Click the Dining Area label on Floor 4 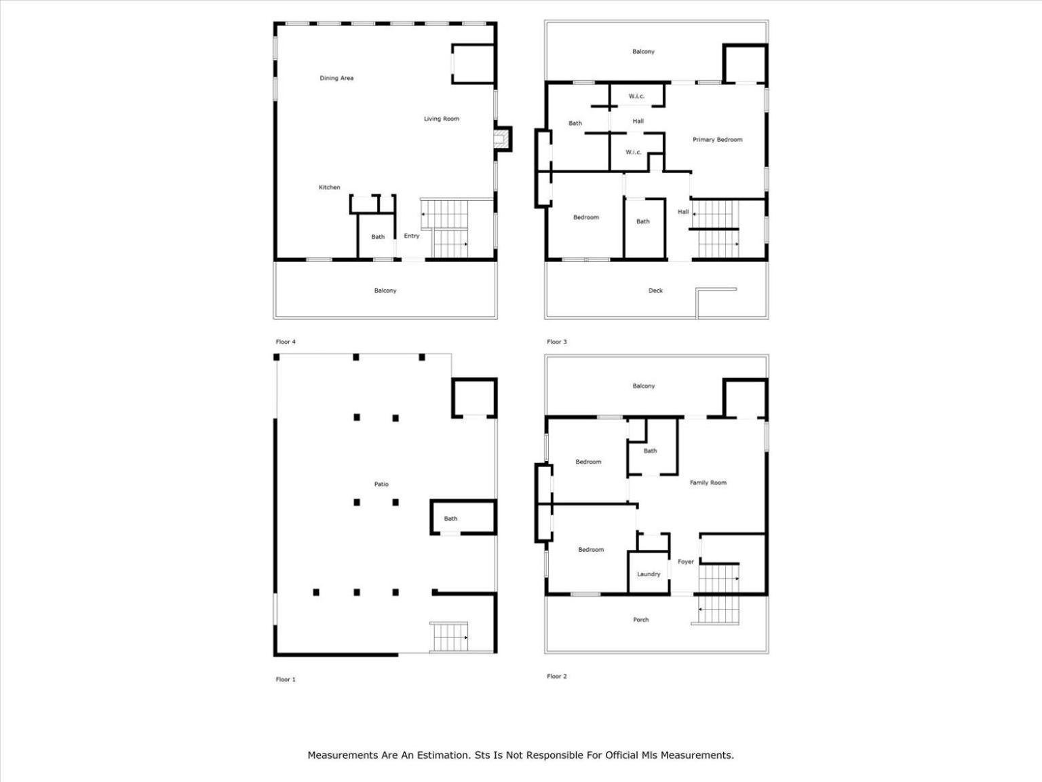point(336,78)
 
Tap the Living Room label point(442,119)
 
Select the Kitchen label point(329,187)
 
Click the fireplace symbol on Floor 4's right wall point(501,138)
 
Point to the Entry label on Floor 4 point(412,236)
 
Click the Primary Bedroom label point(717,140)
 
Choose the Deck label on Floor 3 point(655,291)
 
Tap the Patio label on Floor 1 point(381,484)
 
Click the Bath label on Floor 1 point(450,519)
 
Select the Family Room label point(708,483)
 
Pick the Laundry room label point(649,574)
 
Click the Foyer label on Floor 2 point(685,561)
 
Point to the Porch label point(641,620)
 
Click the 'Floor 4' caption point(286,342)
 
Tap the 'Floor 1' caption point(286,679)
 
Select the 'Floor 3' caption point(557,342)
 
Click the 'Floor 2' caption point(557,676)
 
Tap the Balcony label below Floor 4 point(385,291)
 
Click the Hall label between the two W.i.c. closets point(638,121)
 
